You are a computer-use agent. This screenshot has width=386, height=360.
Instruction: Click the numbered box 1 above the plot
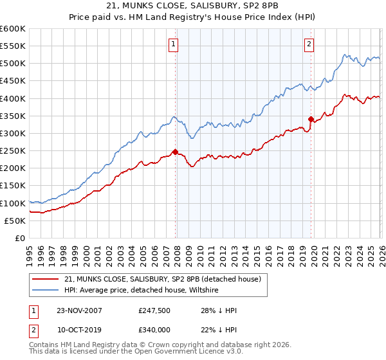pos(174,44)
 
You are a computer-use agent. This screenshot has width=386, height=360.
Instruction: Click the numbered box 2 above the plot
pos(309,44)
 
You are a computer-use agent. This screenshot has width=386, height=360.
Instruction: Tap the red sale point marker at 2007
pos(175,152)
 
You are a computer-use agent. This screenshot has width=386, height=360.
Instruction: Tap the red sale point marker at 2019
pos(311,119)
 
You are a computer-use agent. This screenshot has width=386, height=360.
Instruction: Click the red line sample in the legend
pos(46,279)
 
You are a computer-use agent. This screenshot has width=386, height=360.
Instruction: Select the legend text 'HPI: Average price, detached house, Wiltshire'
pos(142,291)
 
